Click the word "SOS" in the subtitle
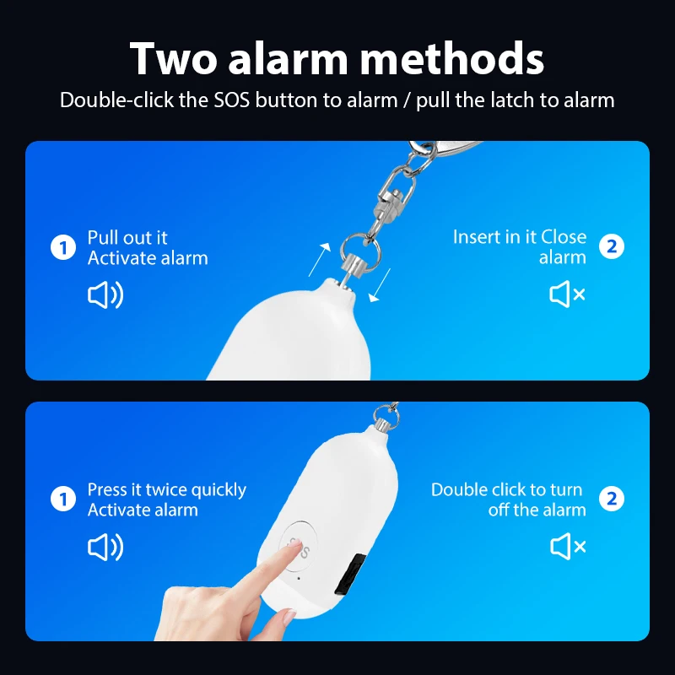[232, 100]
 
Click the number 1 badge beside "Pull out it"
[63, 248]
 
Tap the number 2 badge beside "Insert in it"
[612, 246]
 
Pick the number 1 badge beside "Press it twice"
[63, 499]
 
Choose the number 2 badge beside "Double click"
[612, 499]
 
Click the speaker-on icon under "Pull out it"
[105, 295]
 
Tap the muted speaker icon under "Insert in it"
[568, 294]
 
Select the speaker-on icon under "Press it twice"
[105, 548]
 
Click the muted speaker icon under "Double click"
[568, 548]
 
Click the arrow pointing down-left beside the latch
[381, 285]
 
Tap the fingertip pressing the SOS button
[292, 553]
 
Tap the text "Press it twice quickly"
[166, 490]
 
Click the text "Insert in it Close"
[519, 237]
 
